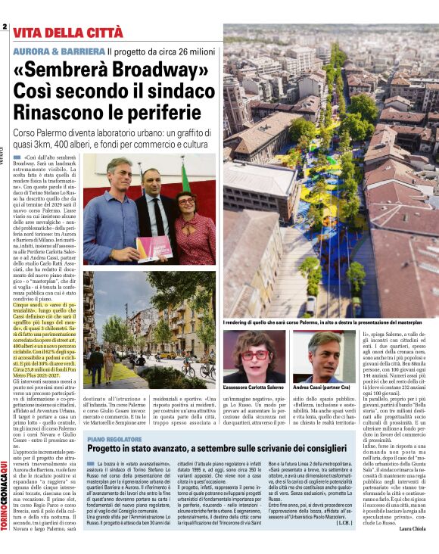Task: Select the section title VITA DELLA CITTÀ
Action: tap(67, 33)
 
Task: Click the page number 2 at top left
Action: tap(5, 26)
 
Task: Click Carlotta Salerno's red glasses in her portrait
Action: tap(255, 354)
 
